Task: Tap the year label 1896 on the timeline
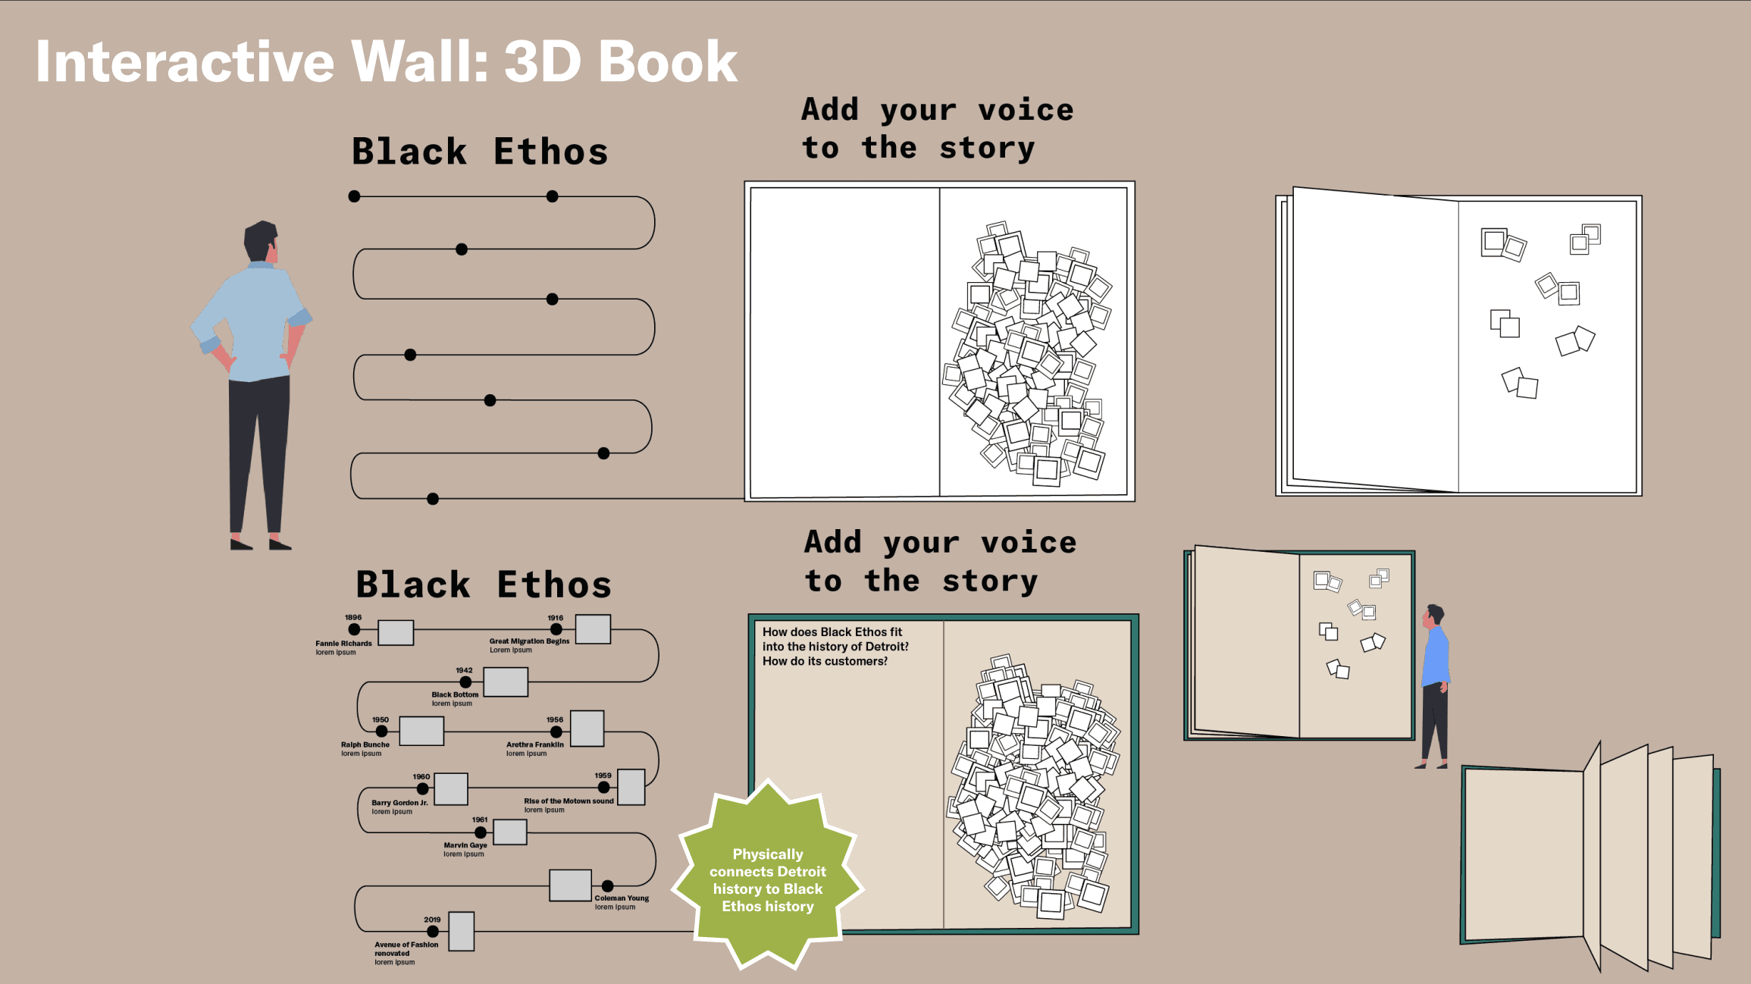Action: [x=353, y=618]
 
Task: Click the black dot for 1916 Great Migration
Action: [x=556, y=629]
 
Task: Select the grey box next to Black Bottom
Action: [x=506, y=682]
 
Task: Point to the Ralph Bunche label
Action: [x=365, y=744]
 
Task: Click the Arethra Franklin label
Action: [x=535, y=744]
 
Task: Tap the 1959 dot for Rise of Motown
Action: [x=603, y=787]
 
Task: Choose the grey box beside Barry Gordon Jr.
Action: [x=451, y=788]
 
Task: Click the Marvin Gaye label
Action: [x=465, y=845]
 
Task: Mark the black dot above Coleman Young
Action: [x=608, y=885]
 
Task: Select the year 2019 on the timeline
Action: [x=432, y=920]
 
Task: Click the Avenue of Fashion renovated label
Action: [x=406, y=948]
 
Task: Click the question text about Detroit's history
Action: [x=835, y=647]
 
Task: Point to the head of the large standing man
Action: [x=260, y=241]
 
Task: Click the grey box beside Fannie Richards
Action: [x=396, y=632]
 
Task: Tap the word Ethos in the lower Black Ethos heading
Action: [x=554, y=585]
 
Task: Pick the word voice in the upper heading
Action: [x=1026, y=111]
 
